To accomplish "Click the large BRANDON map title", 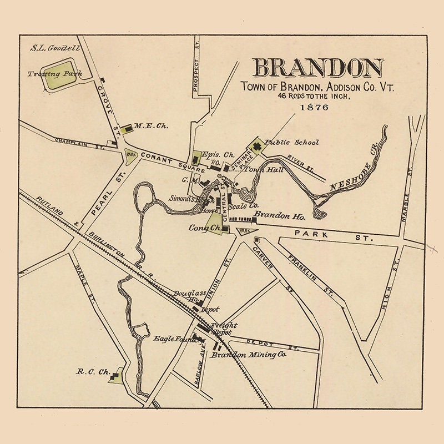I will [318, 68].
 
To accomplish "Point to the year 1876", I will [314, 107].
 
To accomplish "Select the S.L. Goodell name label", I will [56, 48].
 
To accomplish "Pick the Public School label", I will [292, 142].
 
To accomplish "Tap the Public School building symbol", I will [257, 147].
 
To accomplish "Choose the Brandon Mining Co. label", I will [250, 354].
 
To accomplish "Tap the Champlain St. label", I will [79, 143].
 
